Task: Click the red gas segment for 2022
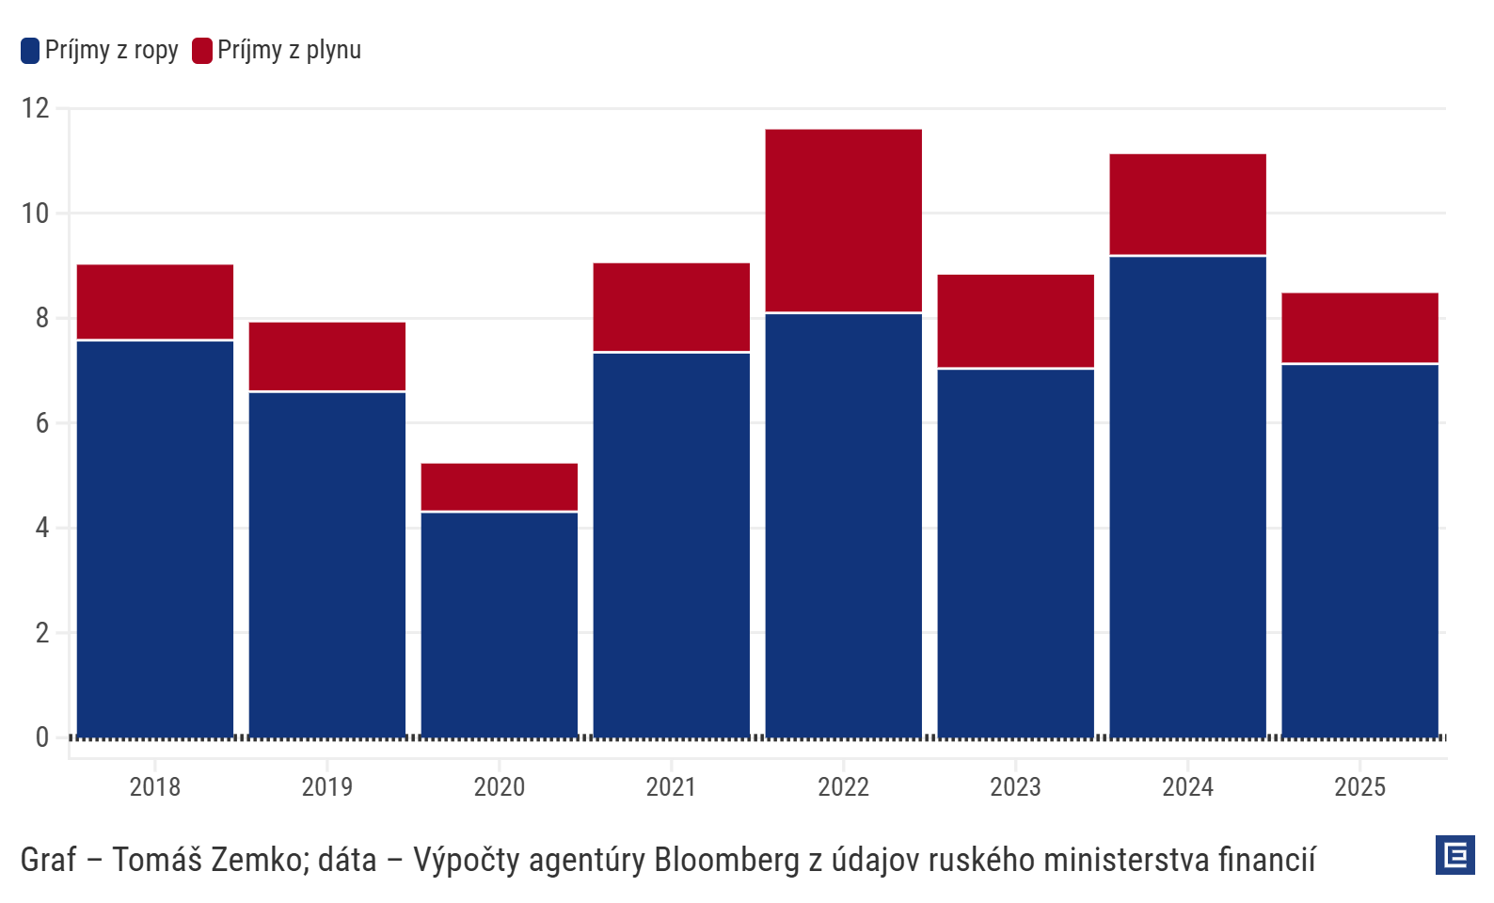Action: pyautogui.click(x=843, y=220)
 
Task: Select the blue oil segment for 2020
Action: pyautogui.click(x=499, y=624)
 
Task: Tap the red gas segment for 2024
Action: pyautogui.click(x=1187, y=204)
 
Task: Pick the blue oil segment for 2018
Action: pyautogui.click(x=155, y=538)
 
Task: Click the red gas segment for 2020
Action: pyautogui.click(x=499, y=486)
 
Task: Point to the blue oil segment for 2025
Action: pyautogui.click(x=1359, y=550)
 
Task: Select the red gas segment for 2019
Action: pyautogui.click(x=326, y=356)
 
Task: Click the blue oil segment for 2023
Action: pyautogui.click(x=1015, y=553)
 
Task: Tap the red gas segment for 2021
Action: pyautogui.click(x=671, y=307)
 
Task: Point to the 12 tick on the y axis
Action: pyautogui.click(x=36, y=108)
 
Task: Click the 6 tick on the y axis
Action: pyautogui.click(x=42, y=423)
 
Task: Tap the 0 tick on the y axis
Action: pyautogui.click(x=42, y=737)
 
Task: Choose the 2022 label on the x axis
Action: pyautogui.click(x=843, y=786)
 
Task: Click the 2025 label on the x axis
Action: pyautogui.click(x=1359, y=786)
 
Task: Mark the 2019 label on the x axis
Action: pyautogui.click(x=326, y=786)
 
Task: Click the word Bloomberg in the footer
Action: pyautogui.click(x=726, y=860)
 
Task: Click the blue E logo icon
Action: pyautogui.click(x=1454, y=855)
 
